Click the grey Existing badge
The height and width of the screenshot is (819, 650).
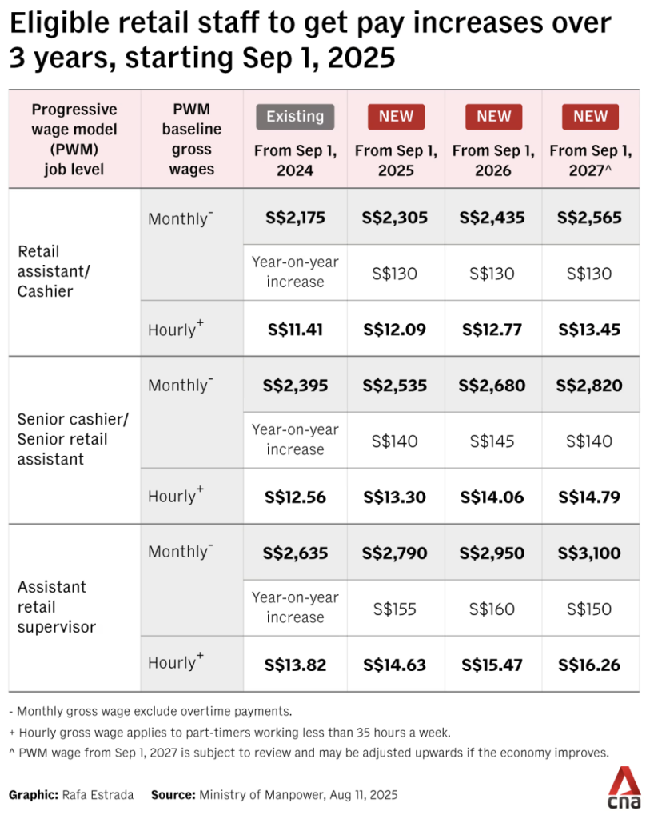[295, 117]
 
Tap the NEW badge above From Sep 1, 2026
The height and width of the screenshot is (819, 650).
[493, 117]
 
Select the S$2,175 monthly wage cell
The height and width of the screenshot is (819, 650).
[295, 218]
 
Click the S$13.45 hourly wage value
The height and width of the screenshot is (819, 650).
[589, 330]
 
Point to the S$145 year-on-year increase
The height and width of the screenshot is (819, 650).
[492, 441]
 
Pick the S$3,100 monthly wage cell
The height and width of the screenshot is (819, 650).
[589, 553]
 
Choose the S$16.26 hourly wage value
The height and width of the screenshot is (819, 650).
[589, 665]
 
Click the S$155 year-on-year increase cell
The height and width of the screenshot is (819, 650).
[395, 609]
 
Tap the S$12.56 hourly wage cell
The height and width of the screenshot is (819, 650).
[295, 497]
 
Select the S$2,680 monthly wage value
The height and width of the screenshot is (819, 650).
[492, 386]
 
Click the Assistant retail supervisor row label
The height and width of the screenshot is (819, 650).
[57, 607]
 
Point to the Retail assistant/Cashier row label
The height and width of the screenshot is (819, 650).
[54, 271]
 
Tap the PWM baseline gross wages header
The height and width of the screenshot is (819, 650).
[192, 139]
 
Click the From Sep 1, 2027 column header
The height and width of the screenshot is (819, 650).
[591, 160]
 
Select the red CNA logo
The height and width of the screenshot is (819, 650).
[624, 788]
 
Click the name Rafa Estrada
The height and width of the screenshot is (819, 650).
[98, 795]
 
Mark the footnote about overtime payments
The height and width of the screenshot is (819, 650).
[150, 711]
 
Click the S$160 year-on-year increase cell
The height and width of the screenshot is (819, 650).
[492, 609]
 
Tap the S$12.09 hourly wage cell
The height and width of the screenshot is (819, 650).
[395, 330]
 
